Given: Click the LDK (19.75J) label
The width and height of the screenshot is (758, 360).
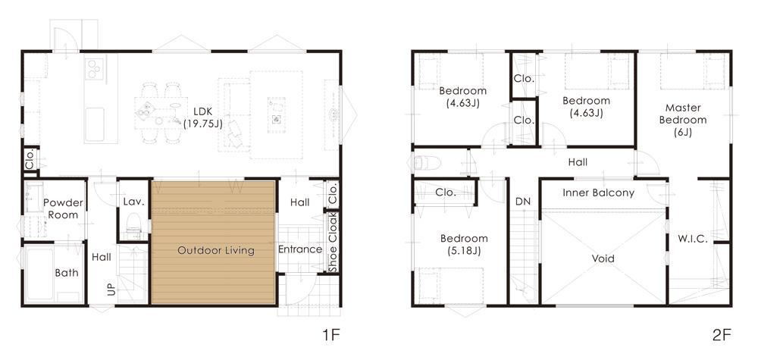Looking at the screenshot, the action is point(202,117).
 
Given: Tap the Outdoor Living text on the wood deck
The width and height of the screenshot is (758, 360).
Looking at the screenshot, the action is point(215,250).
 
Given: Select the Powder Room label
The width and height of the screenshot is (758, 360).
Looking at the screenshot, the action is point(64,208).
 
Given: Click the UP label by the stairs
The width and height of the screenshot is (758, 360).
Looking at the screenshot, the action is point(111,290).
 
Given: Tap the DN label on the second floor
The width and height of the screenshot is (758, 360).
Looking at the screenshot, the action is point(522,202).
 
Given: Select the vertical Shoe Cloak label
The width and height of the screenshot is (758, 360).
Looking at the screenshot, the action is point(333,242).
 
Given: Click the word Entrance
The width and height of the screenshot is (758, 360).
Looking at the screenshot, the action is point(299,249).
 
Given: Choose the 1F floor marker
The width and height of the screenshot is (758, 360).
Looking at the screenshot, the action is point(332,335).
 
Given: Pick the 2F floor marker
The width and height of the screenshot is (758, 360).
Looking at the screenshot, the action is point(722,335).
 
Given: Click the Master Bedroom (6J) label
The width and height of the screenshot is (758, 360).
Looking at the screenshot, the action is point(683,120).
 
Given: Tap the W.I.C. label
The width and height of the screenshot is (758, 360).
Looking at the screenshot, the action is point(693,239).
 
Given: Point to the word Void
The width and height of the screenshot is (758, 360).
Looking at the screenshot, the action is point(603,258).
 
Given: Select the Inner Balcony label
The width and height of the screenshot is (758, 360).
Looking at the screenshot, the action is point(599,193).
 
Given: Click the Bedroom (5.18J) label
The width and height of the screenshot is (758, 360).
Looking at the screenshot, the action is point(464,244).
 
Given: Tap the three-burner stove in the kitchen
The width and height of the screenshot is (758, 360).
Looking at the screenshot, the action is point(95,68).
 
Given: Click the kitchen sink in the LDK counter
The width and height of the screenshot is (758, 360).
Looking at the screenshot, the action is point(95,124).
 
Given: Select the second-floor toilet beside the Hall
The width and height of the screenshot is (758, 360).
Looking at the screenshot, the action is point(428,164).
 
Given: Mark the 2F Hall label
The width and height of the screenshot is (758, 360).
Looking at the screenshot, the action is point(578,162).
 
